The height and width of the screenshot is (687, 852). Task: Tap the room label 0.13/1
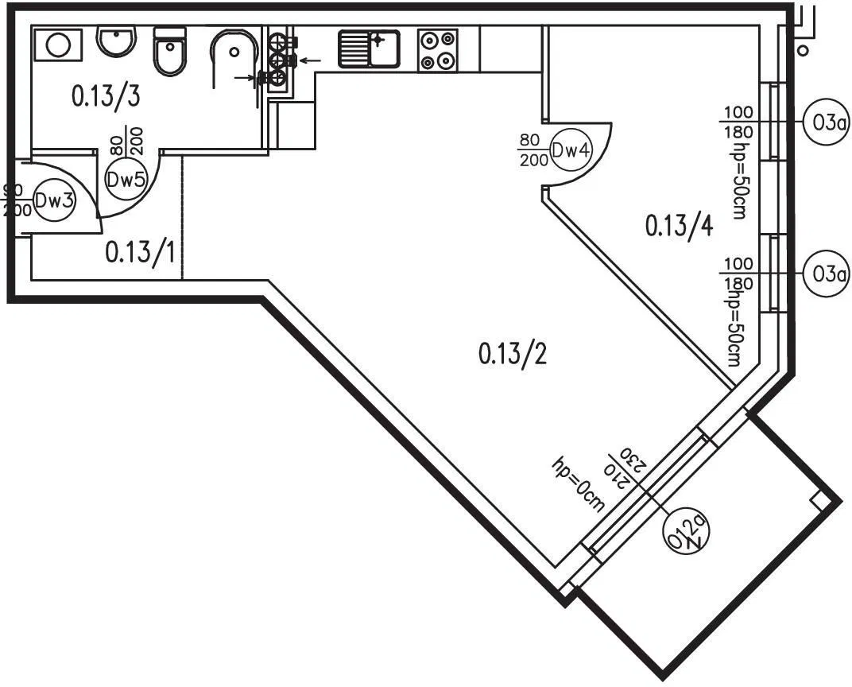coord(140,253)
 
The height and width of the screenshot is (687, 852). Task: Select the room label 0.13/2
coord(513,352)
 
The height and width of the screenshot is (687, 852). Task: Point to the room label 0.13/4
coord(679,227)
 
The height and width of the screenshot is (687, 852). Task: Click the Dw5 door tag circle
coord(126,179)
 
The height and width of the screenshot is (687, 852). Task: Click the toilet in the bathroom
coord(169,52)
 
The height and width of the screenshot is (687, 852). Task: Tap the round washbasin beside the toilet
coord(117,39)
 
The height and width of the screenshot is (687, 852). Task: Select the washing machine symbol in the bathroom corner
coord(57,44)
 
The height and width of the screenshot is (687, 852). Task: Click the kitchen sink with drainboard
coord(369,49)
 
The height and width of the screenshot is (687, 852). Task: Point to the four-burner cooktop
coord(438,49)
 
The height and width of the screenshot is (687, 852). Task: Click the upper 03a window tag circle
coord(826,122)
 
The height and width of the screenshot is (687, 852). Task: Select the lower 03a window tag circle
coord(826,274)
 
